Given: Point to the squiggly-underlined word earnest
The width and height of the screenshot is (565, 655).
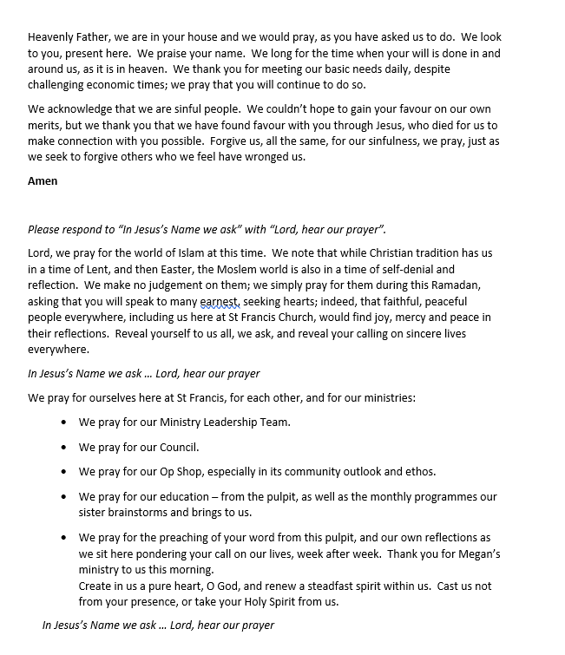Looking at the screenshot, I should [220, 301].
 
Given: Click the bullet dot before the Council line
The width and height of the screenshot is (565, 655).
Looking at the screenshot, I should [66, 448].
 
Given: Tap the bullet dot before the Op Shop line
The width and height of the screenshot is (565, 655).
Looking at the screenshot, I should [66, 472].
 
